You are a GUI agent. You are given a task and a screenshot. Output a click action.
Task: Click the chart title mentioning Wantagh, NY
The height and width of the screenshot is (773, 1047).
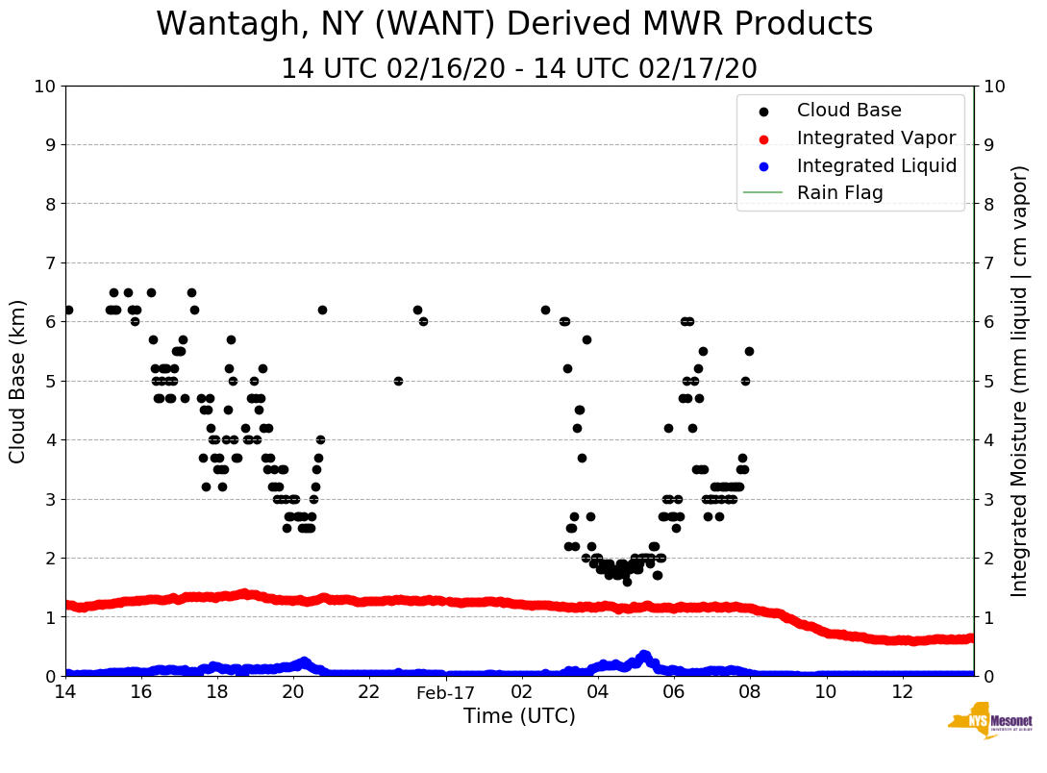(x=514, y=24)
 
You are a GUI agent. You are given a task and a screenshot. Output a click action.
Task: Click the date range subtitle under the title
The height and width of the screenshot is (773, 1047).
(x=518, y=69)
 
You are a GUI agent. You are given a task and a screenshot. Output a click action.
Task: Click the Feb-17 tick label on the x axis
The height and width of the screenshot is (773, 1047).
(x=446, y=692)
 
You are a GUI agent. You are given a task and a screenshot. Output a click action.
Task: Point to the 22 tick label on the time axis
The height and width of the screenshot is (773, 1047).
(x=369, y=692)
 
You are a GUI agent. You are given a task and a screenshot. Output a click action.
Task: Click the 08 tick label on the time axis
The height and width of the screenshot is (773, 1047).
(x=750, y=692)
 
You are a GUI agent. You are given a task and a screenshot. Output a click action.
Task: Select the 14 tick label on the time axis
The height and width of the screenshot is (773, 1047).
(x=65, y=692)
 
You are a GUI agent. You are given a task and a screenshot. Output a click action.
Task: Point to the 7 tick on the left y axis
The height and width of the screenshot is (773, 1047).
(x=49, y=262)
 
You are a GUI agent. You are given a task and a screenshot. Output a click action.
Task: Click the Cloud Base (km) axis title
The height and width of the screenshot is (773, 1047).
(x=18, y=381)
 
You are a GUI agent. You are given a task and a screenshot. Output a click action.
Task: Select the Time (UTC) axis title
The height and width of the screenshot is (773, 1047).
(x=519, y=716)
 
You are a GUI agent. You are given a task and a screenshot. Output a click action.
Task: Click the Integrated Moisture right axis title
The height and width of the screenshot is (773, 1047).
(x=1020, y=381)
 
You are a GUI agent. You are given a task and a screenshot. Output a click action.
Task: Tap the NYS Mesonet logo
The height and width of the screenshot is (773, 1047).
(x=990, y=721)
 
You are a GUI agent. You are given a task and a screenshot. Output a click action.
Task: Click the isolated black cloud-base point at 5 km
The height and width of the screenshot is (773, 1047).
(x=398, y=381)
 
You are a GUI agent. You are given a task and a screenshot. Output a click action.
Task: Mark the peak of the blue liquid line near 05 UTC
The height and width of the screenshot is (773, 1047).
(x=644, y=655)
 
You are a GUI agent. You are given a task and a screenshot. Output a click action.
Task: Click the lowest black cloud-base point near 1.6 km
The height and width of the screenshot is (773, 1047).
(x=627, y=582)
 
